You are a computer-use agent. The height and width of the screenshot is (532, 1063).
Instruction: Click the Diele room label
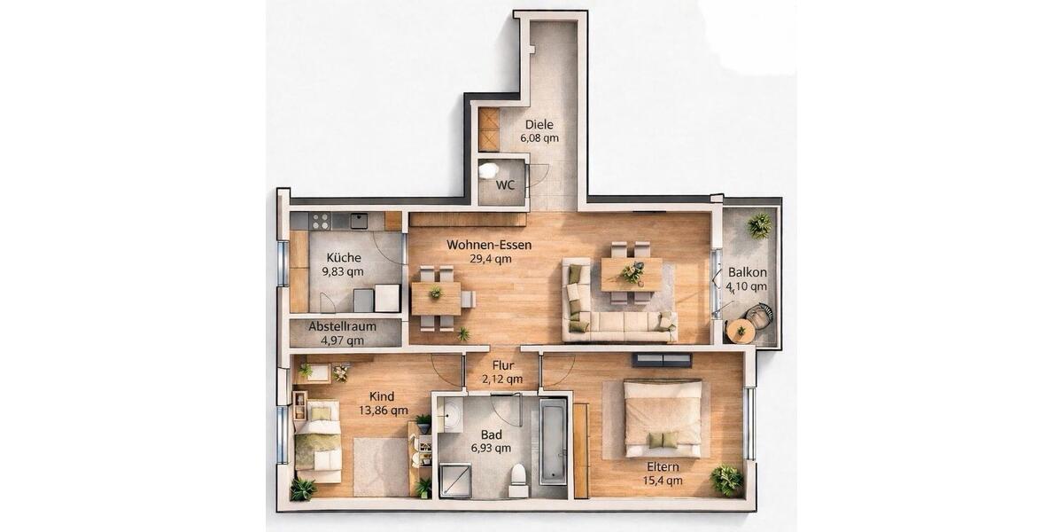tap(539, 125)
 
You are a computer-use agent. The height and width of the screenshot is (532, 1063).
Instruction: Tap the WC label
tap(506, 185)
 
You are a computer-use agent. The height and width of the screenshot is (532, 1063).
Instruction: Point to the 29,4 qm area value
tap(491, 259)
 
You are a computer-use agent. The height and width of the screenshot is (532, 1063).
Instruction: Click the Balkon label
tap(748, 273)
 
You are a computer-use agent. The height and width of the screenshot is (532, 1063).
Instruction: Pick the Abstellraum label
tap(342, 326)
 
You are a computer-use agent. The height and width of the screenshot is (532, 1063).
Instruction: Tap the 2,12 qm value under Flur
tap(502, 379)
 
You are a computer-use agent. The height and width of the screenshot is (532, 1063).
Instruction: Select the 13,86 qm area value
tap(383, 411)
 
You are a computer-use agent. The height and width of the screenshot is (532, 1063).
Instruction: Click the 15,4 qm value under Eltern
tap(663, 481)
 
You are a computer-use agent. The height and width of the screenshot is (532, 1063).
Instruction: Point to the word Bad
tap(492, 434)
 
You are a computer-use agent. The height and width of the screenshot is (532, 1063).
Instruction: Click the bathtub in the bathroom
tap(553, 441)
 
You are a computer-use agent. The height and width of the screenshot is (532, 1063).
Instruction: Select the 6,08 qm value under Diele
tap(539, 138)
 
